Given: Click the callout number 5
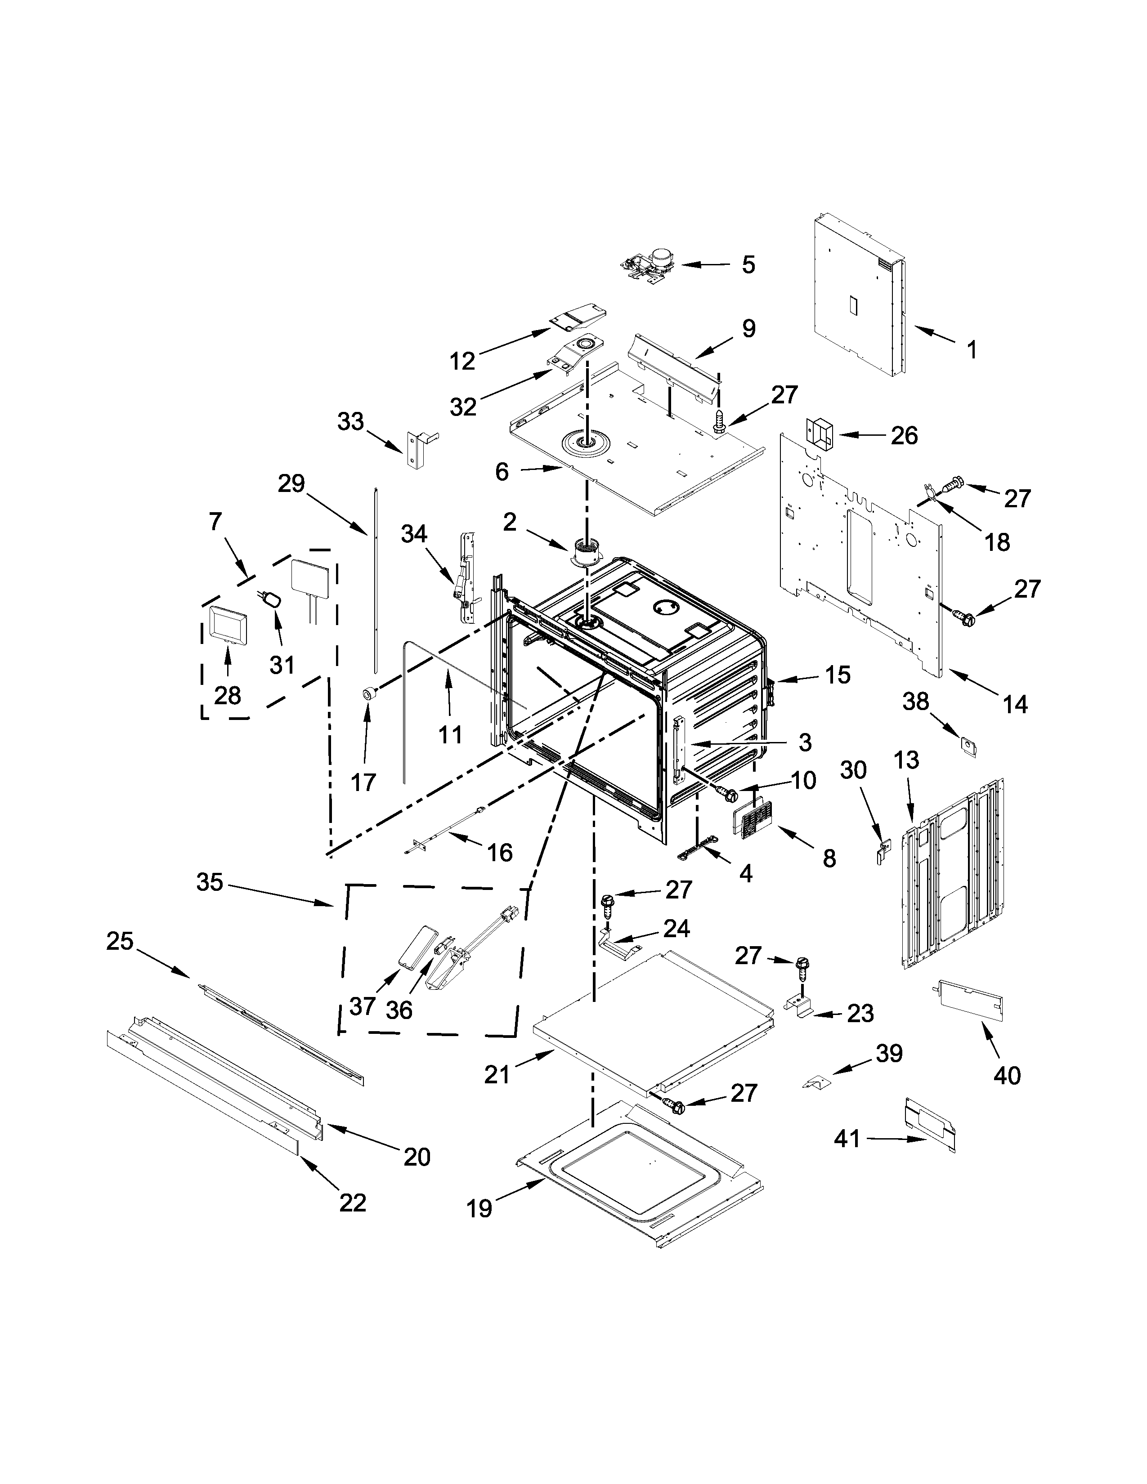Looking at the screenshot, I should (748, 264).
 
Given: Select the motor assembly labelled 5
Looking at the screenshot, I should (649, 265).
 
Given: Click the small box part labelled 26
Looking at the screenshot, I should (820, 434).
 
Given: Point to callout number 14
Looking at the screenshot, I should (1015, 705).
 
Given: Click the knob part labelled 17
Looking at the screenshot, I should (368, 694).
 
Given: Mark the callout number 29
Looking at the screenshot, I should (291, 484).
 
